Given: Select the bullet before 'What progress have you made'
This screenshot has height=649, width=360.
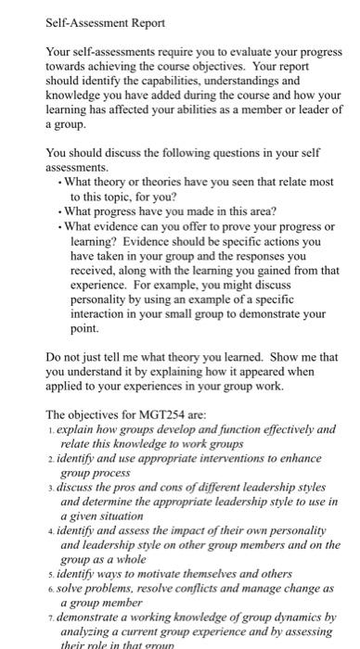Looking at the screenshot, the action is pyautogui.click(x=59, y=211).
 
